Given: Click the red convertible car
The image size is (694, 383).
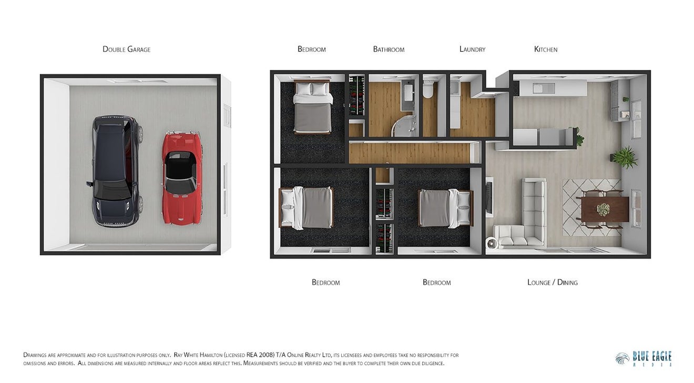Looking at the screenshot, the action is [x=182, y=178].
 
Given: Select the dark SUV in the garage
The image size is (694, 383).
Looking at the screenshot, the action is [x=115, y=172].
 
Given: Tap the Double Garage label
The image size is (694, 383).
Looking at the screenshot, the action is [x=126, y=49].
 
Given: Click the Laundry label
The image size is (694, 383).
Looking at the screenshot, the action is [x=472, y=49].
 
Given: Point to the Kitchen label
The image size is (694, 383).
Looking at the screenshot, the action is [x=546, y=49].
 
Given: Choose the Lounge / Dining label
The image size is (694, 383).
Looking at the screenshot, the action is [x=553, y=283].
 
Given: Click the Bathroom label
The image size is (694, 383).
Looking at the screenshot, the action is [x=389, y=49].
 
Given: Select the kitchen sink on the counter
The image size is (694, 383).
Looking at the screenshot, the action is [x=544, y=88].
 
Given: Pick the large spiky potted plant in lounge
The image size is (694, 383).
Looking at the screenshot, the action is [x=624, y=157].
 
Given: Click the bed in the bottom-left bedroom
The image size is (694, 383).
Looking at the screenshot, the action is [x=306, y=207].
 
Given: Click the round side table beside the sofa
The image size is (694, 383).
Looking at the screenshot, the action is [x=492, y=243].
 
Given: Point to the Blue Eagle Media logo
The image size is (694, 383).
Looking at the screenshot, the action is [x=644, y=359].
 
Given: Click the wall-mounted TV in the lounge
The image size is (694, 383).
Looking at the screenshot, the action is [x=489, y=197].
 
